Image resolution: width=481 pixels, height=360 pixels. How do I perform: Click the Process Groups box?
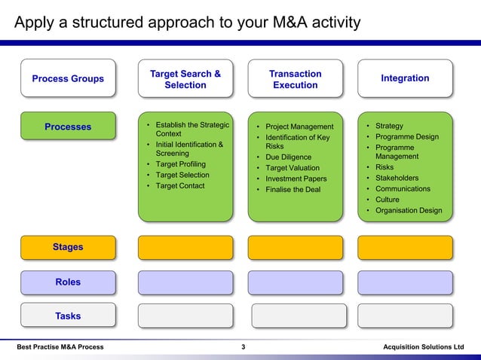68,79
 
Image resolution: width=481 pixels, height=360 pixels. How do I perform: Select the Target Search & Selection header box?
185,79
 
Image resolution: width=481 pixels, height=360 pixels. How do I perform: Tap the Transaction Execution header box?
295,79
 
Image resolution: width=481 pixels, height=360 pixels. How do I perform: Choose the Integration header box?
405,78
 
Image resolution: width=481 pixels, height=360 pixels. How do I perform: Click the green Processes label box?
68,127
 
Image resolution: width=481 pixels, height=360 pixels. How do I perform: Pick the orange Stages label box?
68,247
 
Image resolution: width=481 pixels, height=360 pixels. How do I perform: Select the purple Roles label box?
68,282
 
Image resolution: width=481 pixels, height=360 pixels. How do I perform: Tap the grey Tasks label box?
68,316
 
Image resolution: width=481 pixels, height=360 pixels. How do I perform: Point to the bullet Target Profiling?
180,163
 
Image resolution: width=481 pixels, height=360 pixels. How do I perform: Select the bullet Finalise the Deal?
293,189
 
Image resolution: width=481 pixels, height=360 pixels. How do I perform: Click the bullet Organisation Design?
409,210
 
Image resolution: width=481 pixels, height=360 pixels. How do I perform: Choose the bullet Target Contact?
179,185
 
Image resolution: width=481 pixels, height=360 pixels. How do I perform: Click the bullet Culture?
388,200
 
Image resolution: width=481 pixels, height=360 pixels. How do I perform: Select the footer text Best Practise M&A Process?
60,346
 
